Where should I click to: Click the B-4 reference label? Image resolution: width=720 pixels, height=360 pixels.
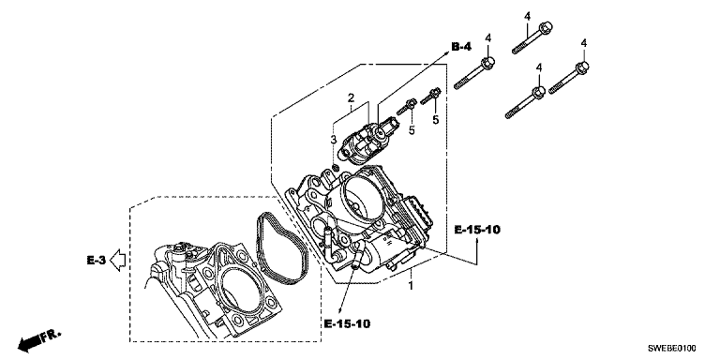(461, 46)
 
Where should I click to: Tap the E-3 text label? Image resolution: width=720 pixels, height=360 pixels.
(97, 260)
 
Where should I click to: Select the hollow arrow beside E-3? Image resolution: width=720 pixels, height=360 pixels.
(119, 260)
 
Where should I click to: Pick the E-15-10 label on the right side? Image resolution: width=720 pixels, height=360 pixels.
(477, 230)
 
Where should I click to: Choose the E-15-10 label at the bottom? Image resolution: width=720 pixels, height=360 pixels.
(347, 323)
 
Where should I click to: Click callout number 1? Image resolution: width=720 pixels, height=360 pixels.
(412, 286)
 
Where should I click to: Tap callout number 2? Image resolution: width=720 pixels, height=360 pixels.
(351, 97)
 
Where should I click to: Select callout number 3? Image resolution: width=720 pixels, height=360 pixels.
(334, 139)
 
